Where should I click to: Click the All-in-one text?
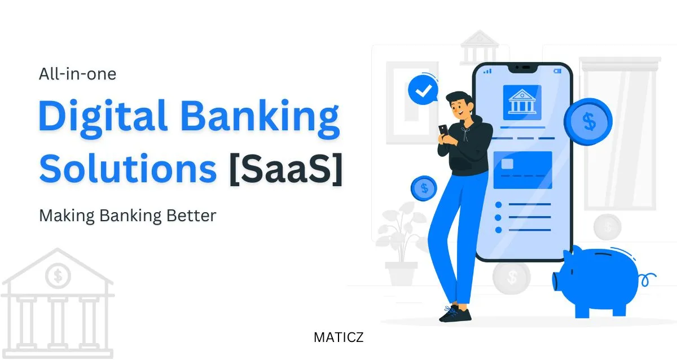click(78, 73)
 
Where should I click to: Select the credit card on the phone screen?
click(522, 169)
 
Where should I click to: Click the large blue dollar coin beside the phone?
click(588, 121)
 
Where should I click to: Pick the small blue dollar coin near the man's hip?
click(424, 187)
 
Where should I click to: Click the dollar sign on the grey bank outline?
click(58, 276)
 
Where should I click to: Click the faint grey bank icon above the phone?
click(478, 47)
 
